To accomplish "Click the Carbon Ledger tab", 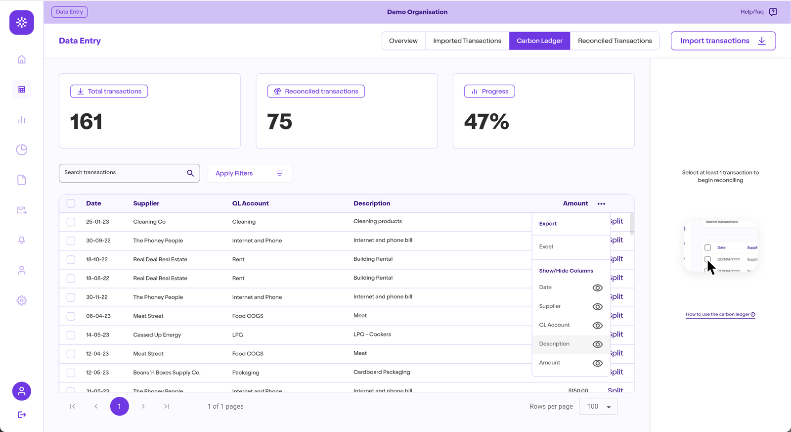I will coord(539,41).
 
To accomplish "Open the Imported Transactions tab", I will coord(467,41).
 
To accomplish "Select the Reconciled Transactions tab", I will coord(615,41).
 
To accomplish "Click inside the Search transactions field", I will coord(124,173).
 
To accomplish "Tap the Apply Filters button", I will coord(250,173).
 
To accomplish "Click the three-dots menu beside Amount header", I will coord(601,203).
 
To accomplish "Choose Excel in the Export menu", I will coord(546,246).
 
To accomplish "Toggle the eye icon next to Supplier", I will coord(597,307).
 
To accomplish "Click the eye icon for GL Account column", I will coord(597,326).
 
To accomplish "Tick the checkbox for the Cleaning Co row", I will coord(71,222).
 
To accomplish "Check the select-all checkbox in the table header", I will coord(71,203).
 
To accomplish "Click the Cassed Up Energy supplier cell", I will coord(157,335).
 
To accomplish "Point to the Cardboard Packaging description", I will coord(382,372).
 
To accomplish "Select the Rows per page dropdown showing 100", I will coord(598,407).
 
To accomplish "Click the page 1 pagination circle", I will coord(119,406).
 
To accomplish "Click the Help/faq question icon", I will coord(773,12).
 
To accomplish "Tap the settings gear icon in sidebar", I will coord(22,300).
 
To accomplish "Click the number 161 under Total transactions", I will coord(86,122).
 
